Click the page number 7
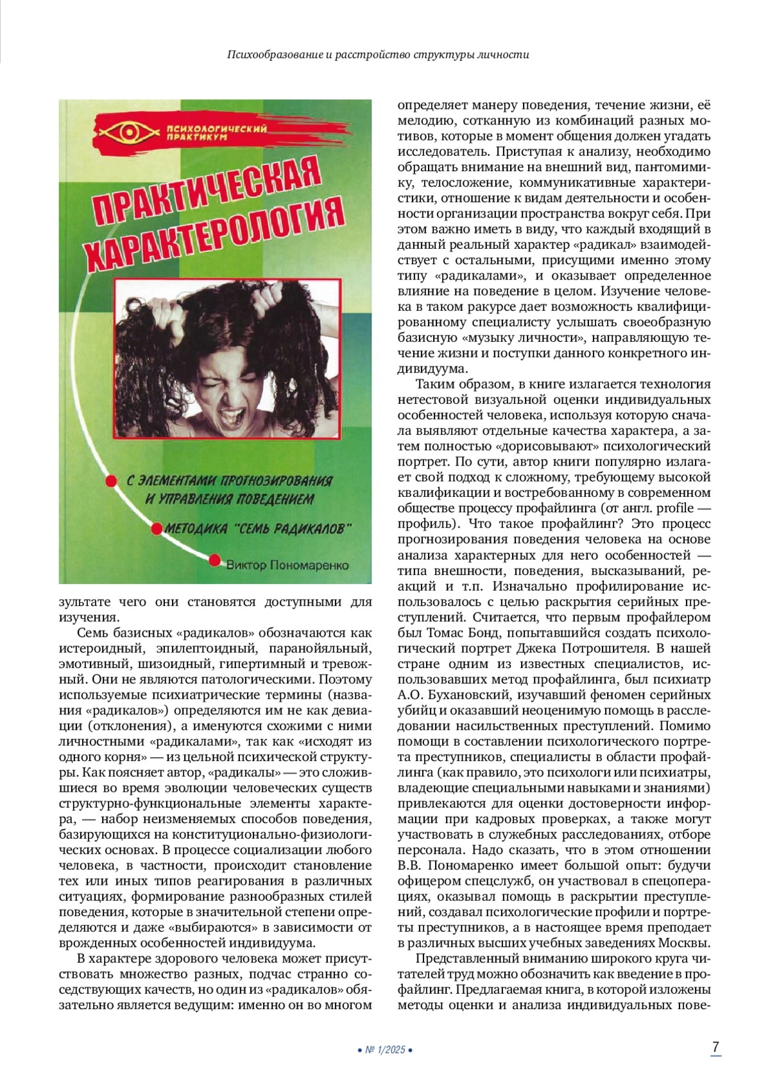[715, 1046]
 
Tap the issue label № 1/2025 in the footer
[385, 1050]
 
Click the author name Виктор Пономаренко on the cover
[287, 565]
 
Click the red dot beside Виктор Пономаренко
[214, 560]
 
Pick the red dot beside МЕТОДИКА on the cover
[156, 529]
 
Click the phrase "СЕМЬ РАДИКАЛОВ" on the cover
[295, 529]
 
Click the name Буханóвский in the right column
[462, 695]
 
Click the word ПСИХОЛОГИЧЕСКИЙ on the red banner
[216, 129]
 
